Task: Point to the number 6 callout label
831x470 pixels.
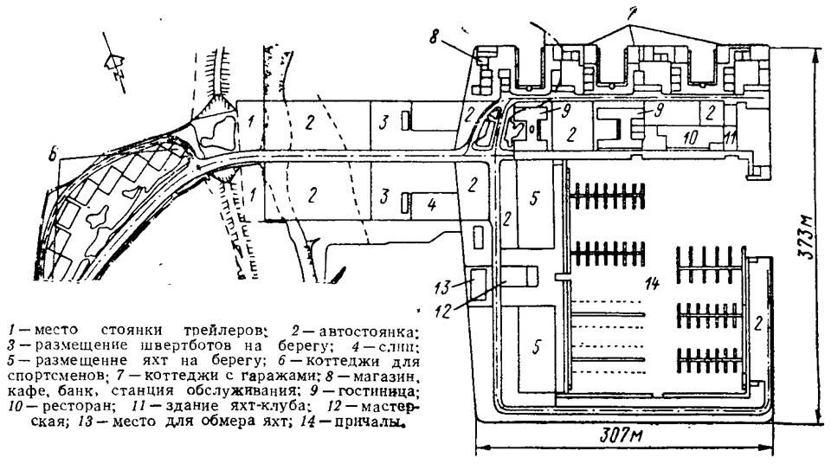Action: click(x=54, y=157)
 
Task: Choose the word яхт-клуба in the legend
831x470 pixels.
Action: click(x=271, y=404)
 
